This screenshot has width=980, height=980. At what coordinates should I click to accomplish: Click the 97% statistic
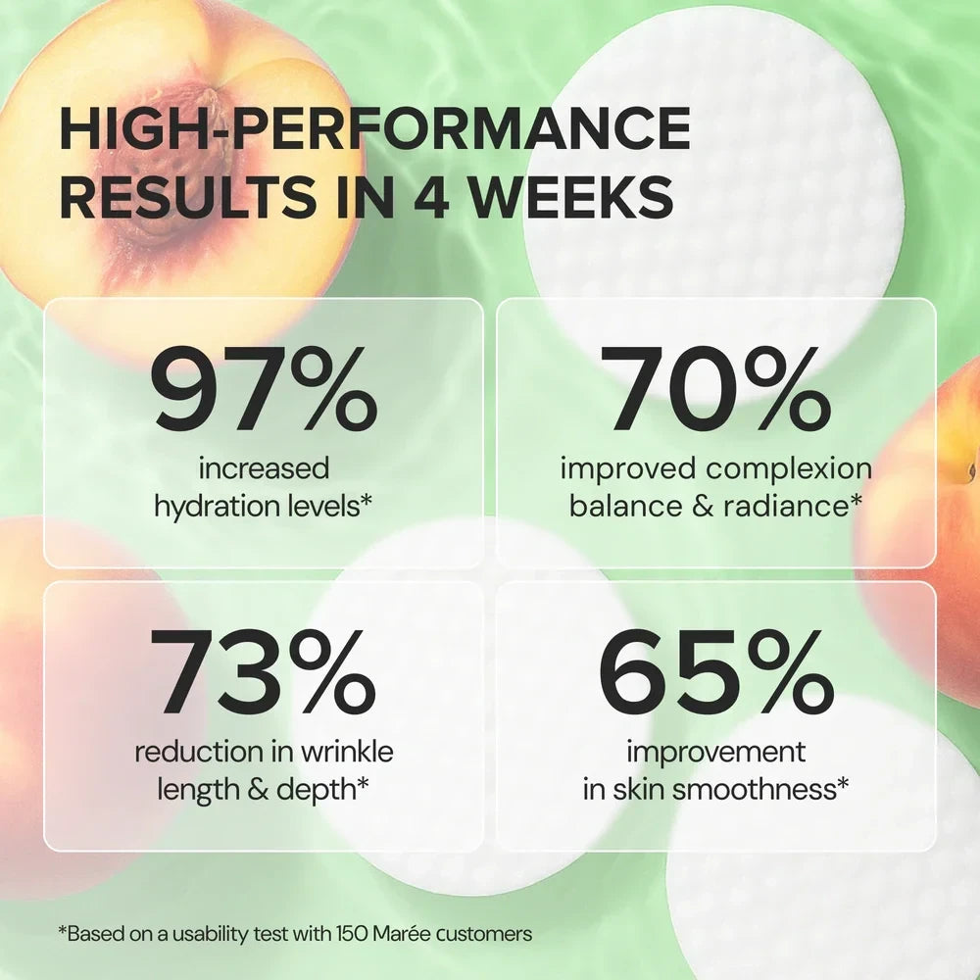click(264, 393)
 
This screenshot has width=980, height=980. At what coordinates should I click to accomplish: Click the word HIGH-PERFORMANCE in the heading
click(375, 131)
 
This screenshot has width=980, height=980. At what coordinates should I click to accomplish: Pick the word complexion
click(789, 469)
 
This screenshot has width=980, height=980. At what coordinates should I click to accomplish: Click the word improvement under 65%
click(715, 753)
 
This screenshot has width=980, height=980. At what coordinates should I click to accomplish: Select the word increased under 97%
click(264, 469)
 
